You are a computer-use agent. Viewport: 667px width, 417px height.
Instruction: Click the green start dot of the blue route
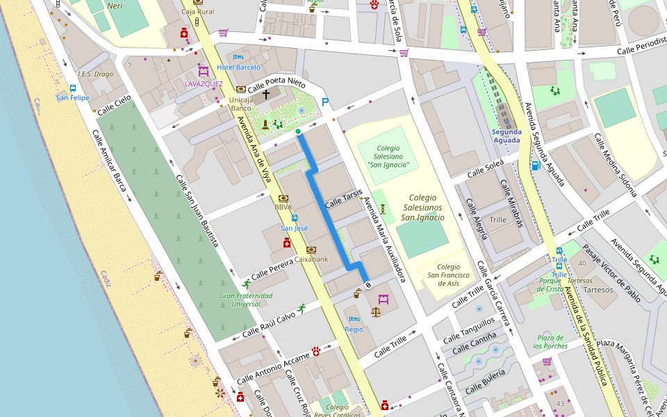point(298,131)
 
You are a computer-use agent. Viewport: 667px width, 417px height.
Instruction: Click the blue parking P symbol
point(324,103)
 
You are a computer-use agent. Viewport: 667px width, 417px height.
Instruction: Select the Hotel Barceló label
point(238,67)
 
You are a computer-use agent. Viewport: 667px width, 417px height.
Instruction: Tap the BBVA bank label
point(283,207)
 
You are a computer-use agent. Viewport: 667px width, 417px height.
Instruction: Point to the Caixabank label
point(311,259)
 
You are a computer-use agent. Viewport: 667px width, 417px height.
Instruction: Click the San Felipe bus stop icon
point(72,88)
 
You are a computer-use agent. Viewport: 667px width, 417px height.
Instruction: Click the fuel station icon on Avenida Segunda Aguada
point(534,165)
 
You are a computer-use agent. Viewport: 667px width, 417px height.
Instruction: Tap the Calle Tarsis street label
point(344,198)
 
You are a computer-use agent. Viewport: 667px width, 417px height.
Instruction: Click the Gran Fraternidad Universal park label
point(246,300)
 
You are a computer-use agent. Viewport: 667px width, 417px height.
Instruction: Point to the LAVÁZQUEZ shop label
point(204,83)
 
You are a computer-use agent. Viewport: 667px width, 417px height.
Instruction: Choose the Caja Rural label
point(197,12)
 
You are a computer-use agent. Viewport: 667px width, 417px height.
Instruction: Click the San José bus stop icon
point(294,218)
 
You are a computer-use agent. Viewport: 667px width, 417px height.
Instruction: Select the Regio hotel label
point(354,329)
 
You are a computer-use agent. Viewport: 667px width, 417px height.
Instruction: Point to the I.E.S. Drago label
point(94,74)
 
